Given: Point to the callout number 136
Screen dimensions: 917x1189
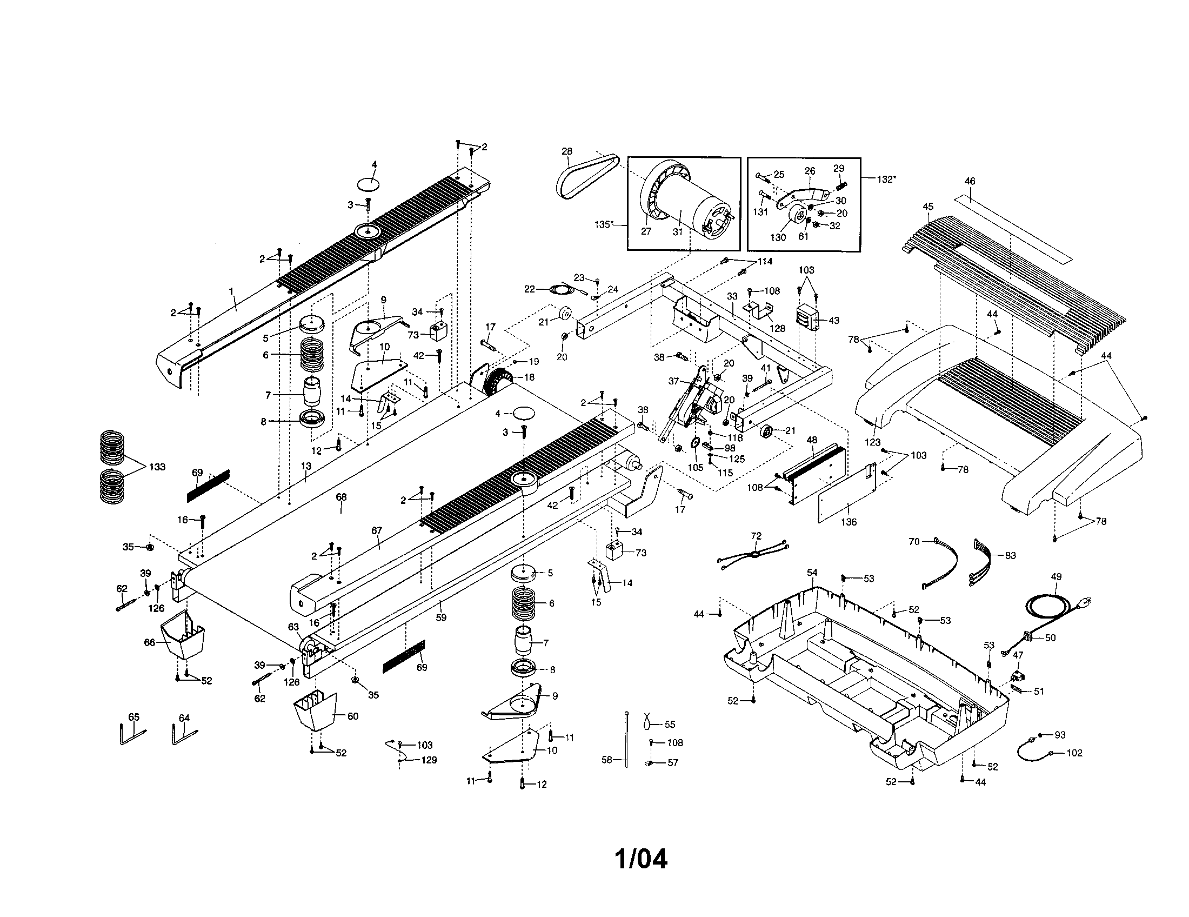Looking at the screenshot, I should point(848,522).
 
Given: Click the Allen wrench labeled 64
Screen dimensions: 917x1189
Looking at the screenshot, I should point(183,735).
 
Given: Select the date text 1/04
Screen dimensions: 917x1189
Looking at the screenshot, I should point(640,859).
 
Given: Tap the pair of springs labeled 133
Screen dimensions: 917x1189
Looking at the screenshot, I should point(112,466).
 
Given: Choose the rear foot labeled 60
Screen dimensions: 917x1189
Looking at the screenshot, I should point(316,710).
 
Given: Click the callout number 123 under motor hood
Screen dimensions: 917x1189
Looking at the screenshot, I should point(872,442).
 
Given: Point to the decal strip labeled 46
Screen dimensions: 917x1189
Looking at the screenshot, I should point(1013,224).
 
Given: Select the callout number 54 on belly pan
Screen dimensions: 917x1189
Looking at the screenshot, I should point(812,572).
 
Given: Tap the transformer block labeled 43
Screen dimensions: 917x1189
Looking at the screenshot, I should point(809,319).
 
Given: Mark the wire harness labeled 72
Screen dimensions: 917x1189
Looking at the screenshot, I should point(754,555).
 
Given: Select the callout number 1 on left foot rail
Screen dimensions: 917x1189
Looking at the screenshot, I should point(231,291).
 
